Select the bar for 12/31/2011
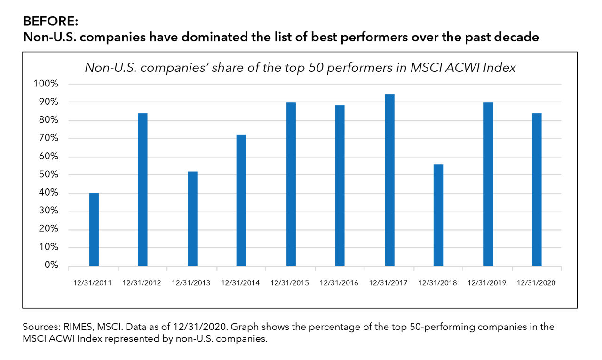pyautogui.click(x=94, y=229)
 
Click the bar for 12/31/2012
pyautogui.click(x=143, y=189)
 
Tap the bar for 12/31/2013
pyautogui.click(x=192, y=219)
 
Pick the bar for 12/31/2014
pyautogui.click(x=241, y=200)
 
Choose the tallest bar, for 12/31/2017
pyautogui.click(x=389, y=180)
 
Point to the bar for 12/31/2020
pyautogui.click(x=537, y=189)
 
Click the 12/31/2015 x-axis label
pyautogui.click(x=290, y=283)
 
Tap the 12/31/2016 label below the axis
pyautogui.click(x=339, y=283)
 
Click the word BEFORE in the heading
pyautogui.click(x=44, y=22)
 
